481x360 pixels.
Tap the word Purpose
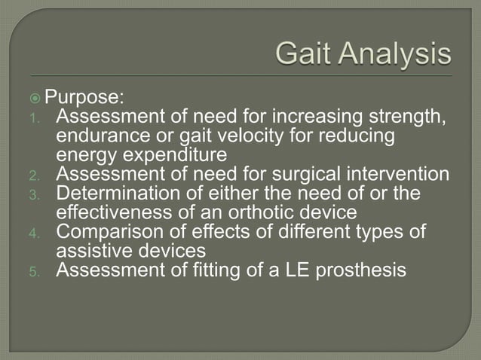coord(97,98)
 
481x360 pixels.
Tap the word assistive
coord(91,251)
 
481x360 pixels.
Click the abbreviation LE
coord(292,270)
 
